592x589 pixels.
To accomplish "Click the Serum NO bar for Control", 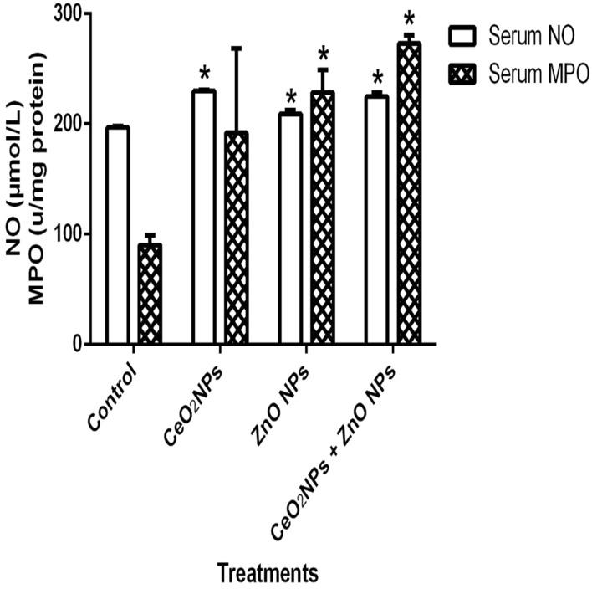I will click(x=118, y=235).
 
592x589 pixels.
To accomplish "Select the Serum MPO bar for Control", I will click(x=150, y=294).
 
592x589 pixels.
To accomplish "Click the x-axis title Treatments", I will click(x=268, y=574).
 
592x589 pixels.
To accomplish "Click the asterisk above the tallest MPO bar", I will click(x=409, y=18).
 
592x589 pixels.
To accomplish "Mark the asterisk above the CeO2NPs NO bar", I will click(x=203, y=70).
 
